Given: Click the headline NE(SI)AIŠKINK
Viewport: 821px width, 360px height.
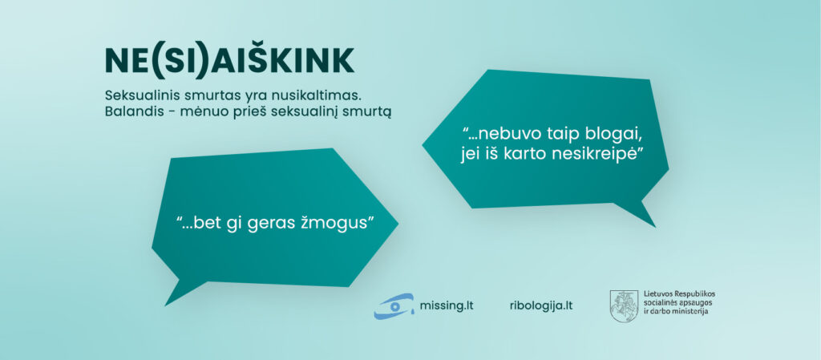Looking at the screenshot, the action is click(230, 61).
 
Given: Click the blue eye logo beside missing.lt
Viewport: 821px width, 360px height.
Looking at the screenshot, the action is click(394, 305).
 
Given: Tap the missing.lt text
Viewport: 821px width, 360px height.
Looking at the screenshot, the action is click(446, 305).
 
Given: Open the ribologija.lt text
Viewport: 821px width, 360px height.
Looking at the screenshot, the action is click(541, 305).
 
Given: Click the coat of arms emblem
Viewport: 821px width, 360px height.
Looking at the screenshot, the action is click(624, 306).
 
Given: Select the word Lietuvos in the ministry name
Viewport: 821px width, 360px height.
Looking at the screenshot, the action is click(658, 294).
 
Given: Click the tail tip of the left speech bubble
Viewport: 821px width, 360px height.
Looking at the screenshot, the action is click(165, 305).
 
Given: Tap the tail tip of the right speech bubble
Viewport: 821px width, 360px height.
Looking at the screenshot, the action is click(655, 227).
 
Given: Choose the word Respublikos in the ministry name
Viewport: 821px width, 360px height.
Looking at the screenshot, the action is click(695, 294).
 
